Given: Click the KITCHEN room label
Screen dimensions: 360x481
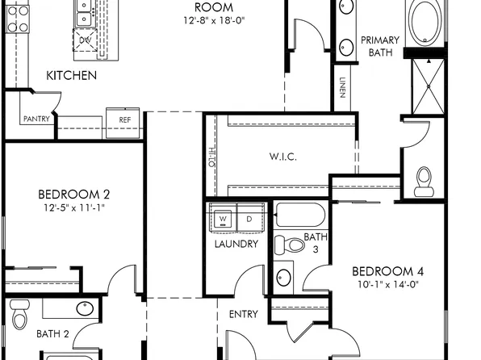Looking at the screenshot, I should coord(71,76).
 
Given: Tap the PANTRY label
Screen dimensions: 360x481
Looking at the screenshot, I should coord(36,119).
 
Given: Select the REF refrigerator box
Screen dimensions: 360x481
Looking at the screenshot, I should coord(124,120).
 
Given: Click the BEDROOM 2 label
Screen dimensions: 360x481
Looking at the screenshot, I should coord(74,194).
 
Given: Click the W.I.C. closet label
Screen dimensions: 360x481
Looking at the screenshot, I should coord(282,157).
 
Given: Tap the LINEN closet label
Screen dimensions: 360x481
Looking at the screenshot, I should coord(342,87).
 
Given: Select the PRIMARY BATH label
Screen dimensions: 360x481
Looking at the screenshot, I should coord(379,46).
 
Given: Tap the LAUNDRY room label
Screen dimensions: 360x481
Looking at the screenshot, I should coord(236,244).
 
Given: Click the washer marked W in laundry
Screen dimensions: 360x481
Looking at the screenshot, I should coord(224,219).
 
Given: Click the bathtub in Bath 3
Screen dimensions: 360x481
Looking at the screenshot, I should coord(299,215).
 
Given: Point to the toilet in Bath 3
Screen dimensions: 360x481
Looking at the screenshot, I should coord(285,245).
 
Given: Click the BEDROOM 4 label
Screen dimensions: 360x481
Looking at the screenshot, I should coord(388,271).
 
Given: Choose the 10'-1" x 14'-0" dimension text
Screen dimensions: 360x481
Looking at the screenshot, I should coord(388,284).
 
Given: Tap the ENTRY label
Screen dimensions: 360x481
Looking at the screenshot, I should coord(243,314).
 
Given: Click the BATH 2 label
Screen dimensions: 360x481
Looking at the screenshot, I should coord(52,333).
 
